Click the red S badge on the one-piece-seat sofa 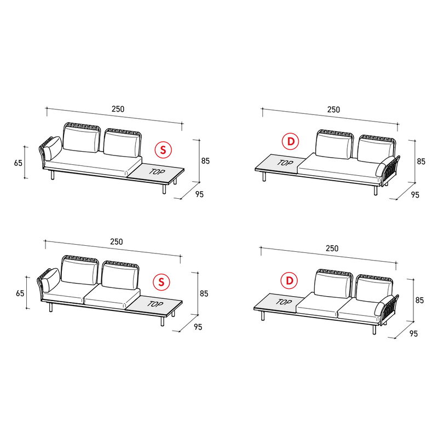[163, 150]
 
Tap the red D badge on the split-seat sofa [290, 280]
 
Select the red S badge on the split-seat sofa [162, 282]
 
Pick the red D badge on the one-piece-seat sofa [291, 141]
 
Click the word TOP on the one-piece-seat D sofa [285, 163]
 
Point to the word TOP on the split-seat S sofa [155, 304]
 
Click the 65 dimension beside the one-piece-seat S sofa [18, 163]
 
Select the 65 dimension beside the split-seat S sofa [20, 293]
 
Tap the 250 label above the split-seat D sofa [332, 248]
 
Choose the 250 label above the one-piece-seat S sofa [118, 109]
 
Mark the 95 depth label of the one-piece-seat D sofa [415, 195]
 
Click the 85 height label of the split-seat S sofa [204, 293]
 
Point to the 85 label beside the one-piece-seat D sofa [421, 162]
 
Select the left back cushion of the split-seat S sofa [79, 272]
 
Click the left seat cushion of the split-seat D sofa [318, 306]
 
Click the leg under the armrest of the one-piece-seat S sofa [52, 175]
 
